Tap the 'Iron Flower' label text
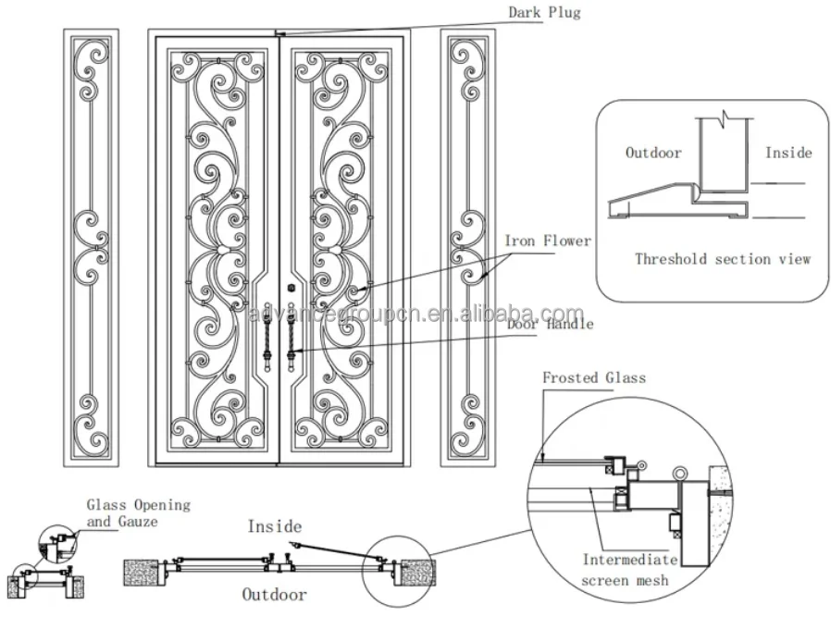point(547,241)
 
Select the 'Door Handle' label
point(549,325)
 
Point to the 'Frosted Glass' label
point(593,377)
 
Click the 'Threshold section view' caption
point(722,259)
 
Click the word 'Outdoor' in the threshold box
point(653,153)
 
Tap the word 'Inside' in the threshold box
point(788,153)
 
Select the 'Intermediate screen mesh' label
point(629,570)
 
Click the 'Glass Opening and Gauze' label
point(138,513)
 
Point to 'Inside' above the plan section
point(274,526)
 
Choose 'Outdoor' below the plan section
point(274,594)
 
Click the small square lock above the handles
point(291,287)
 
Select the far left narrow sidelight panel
point(91,245)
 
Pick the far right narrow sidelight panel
point(467,245)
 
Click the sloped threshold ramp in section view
point(648,197)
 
